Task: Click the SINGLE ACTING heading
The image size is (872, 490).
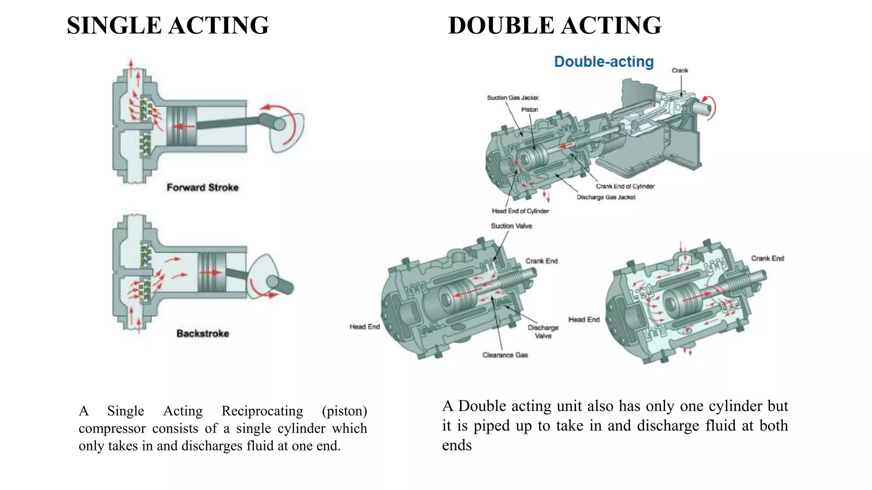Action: click(x=168, y=26)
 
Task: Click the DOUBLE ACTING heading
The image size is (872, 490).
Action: click(x=554, y=26)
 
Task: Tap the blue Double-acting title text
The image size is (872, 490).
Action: click(x=603, y=62)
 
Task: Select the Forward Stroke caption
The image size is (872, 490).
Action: click(x=202, y=188)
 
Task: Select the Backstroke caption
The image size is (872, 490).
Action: click(x=203, y=333)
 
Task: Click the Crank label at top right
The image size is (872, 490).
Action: click(x=680, y=71)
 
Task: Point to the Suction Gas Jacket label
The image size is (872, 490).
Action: click(x=512, y=98)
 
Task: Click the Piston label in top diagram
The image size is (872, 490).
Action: click(x=529, y=110)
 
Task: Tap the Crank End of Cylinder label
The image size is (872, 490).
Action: click(x=625, y=186)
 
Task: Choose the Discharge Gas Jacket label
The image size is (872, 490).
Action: click(x=605, y=197)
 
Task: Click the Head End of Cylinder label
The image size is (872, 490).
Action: click(x=520, y=211)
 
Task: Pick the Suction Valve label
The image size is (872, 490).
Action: click(x=511, y=226)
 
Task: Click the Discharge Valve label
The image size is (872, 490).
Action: click(x=543, y=332)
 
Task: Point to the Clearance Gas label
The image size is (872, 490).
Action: click(x=505, y=355)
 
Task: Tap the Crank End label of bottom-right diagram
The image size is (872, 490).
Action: click(x=767, y=259)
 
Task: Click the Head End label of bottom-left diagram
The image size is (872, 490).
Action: click(x=364, y=327)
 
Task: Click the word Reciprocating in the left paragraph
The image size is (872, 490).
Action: click(x=262, y=411)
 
